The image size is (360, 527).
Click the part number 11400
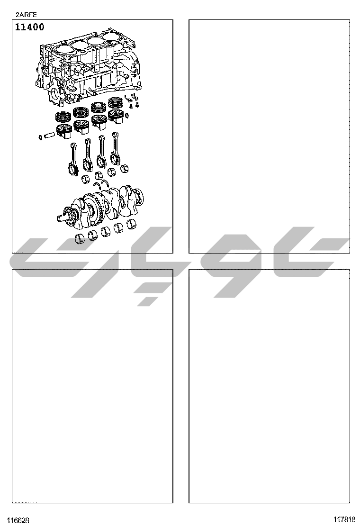tap(29, 27)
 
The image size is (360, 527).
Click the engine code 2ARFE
tap(26, 15)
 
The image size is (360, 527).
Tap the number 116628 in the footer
tap(18, 520)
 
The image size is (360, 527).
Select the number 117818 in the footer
tap(344, 519)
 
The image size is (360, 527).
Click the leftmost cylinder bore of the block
tap(63, 49)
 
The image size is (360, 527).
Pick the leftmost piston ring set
tap(64, 117)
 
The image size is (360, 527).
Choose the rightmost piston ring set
tap(117, 102)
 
